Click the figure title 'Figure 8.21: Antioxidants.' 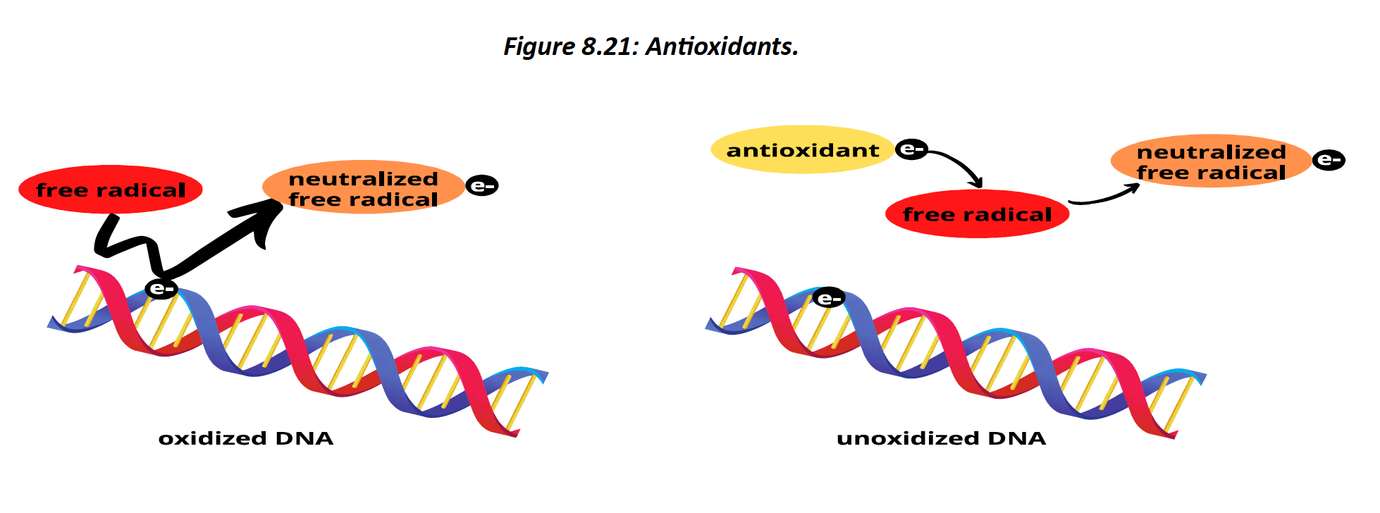[651, 47]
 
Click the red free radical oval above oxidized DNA [110, 190]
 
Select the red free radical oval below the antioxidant [977, 214]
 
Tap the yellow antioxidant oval [802, 150]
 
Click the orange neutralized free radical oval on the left [363, 188]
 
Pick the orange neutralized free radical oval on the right [1211, 162]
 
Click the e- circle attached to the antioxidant [911, 149]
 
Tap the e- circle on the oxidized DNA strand [161, 288]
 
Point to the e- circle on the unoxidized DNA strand [829, 299]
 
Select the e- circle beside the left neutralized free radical [482, 186]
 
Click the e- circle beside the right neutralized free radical [1329, 160]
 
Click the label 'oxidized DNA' [245, 438]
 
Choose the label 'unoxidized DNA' [941, 438]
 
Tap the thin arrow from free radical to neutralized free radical [1105, 197]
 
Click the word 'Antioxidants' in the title [722, 47]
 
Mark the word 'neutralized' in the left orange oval [363, 179]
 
